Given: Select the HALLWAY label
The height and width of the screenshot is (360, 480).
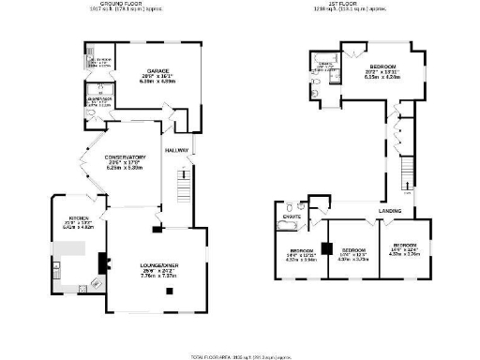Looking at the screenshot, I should click(177, 150).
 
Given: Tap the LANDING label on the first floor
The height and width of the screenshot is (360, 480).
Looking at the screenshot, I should click(391, 211).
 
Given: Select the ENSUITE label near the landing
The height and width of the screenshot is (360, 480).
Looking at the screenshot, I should click(292, 217).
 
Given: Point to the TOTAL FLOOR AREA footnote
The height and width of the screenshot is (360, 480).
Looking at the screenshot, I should click(239, 356).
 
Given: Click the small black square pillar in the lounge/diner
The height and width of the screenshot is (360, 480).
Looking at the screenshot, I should click(169, 290).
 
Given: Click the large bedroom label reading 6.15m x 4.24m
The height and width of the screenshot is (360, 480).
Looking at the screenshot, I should click(383, 71).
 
